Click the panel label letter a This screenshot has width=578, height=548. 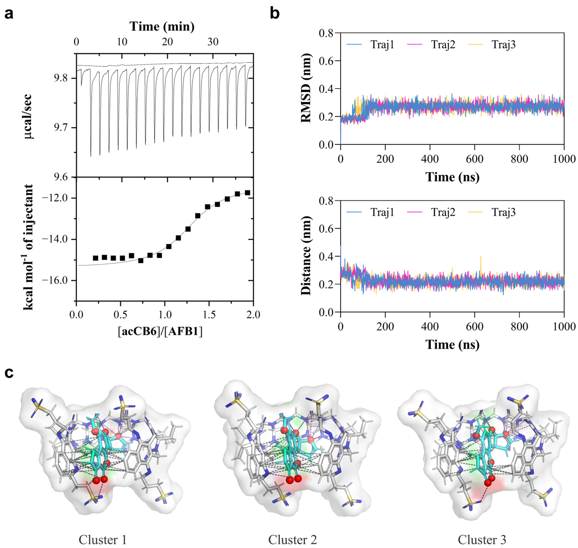point(9,14)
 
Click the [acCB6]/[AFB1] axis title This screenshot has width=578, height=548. point(160,331)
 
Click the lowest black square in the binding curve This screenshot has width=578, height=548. point(141,261)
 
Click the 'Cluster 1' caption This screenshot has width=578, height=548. point(103,539)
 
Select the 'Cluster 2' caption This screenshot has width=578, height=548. point(293,539)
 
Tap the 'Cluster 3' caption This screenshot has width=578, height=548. point(482,539)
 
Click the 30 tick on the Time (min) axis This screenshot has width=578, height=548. point(213,42)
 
